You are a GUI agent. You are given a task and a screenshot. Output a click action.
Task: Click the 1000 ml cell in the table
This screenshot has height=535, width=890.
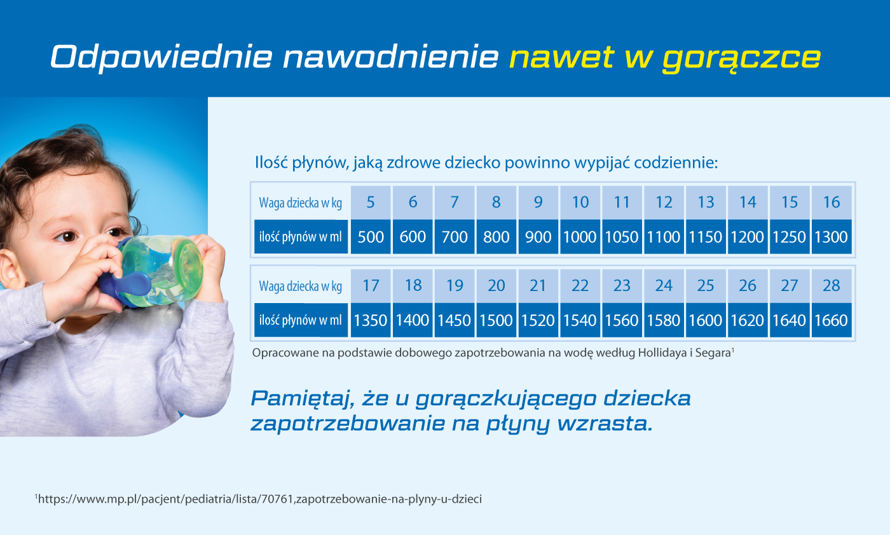coord(580,237)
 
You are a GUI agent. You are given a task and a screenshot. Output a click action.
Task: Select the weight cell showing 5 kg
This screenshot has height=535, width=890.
coord(371,203)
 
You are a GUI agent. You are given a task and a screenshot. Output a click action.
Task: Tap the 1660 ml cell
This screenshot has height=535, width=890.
coord(832,320)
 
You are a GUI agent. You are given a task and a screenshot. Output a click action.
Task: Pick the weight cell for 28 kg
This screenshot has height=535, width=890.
coord(832,286)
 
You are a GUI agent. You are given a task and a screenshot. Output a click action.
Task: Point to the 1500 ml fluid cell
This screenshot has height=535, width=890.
coord(496,320)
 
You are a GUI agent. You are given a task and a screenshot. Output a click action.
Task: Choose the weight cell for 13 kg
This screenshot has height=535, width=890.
coord(706,203)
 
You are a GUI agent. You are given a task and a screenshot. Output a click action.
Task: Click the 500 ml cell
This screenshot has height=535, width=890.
coord(371,237)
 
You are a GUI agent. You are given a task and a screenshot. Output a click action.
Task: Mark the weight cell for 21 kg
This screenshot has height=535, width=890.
coord(538,286)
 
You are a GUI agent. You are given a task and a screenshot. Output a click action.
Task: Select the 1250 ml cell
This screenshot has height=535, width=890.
coord(790,237)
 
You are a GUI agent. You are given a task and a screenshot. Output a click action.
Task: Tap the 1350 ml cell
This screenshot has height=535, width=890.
coord(371,320)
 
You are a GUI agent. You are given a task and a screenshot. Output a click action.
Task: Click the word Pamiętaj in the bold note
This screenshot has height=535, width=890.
coord(303,399)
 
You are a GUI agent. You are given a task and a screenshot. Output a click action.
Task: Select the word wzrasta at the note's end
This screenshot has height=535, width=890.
coord(605,423)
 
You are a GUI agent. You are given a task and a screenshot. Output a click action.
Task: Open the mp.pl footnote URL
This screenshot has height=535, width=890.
coord(259,499)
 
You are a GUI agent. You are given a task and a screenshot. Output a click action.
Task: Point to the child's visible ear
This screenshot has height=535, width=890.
coord(11,271)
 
